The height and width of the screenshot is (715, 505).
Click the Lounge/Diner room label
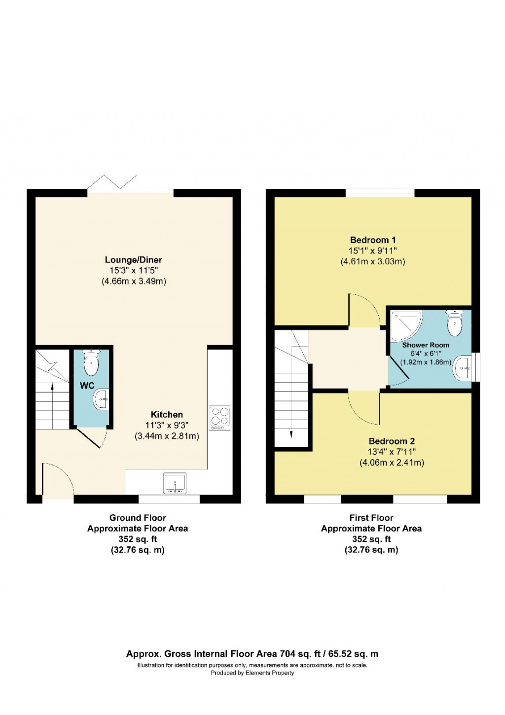[x=133, y=260]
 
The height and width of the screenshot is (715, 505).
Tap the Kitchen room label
[x=167, y=415]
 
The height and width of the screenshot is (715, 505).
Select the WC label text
[x=87, y=386]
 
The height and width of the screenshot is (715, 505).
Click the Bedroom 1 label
[x=373, y=240]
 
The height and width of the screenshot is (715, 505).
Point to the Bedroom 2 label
[x=392, y=441]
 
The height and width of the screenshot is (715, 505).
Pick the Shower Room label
[x=426, y=345]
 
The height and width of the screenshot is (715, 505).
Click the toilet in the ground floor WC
[x=91, y=364]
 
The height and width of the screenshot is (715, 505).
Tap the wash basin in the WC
[x=102, y=398]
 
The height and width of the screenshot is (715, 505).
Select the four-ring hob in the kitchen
[x=219, y=417]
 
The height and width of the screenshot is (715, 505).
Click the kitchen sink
[x=175, y=483]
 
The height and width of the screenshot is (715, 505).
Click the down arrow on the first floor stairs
[x=291, y=434]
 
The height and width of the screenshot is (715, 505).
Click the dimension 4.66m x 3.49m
[x=134, y=282]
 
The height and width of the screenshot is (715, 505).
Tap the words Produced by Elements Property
[x=252, y=673]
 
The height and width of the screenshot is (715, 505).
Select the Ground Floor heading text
[x=138, y=518]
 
